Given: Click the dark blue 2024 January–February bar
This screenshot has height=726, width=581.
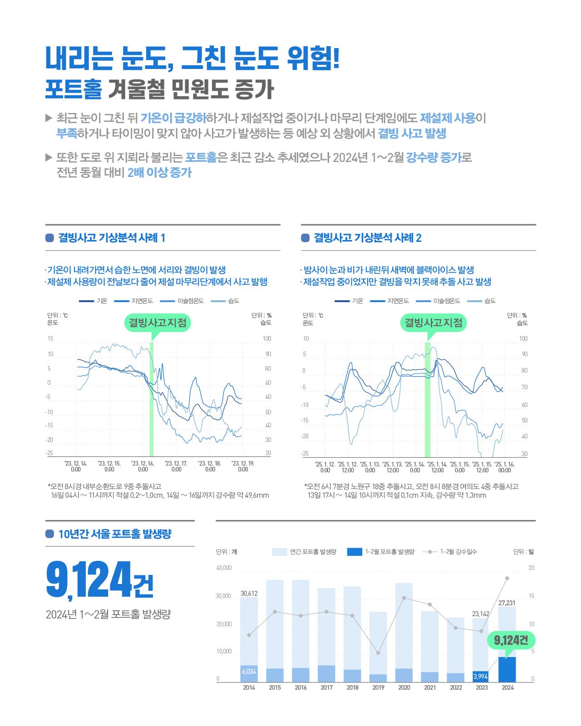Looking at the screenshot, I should [507, 669].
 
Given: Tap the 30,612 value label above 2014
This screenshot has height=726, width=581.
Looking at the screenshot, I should [249, 593].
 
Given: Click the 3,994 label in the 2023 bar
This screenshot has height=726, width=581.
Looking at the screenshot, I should [480, 677].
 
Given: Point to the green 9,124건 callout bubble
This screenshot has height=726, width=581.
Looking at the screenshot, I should [511, 640].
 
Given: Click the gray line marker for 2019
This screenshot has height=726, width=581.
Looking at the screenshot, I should [378, 653].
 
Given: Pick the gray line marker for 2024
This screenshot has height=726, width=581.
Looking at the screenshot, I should [507, 578].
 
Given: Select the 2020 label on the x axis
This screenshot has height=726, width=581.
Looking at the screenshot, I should [404, 687].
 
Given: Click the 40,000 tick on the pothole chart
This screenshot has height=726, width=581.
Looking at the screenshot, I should [224, 568].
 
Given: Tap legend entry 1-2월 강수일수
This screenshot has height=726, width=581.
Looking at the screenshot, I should [458, 552].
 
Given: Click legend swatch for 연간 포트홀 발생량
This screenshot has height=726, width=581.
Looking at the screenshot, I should [279, 552].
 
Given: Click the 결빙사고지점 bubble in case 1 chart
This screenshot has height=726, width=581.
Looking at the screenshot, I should [157, 323].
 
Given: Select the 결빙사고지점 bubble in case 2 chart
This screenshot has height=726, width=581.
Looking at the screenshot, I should [433, 323].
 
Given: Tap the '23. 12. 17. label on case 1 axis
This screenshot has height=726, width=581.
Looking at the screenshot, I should [176, 466].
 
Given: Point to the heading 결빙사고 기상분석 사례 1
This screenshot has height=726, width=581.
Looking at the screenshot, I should [111, 238].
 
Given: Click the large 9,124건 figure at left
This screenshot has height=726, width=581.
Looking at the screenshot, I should [99, 581].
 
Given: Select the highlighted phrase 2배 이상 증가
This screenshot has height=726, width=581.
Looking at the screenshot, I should [159, 172].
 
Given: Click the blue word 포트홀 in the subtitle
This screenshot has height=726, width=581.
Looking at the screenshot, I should [73, 90].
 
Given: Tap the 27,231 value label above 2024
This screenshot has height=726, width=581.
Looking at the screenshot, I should [507, 603].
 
